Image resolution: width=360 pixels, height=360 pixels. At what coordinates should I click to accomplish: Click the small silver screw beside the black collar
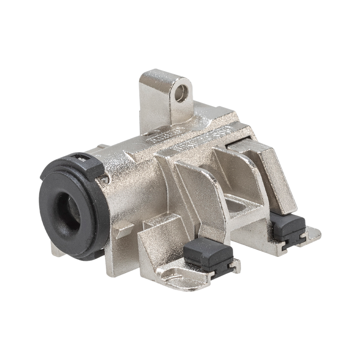(x=105, y=179)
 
